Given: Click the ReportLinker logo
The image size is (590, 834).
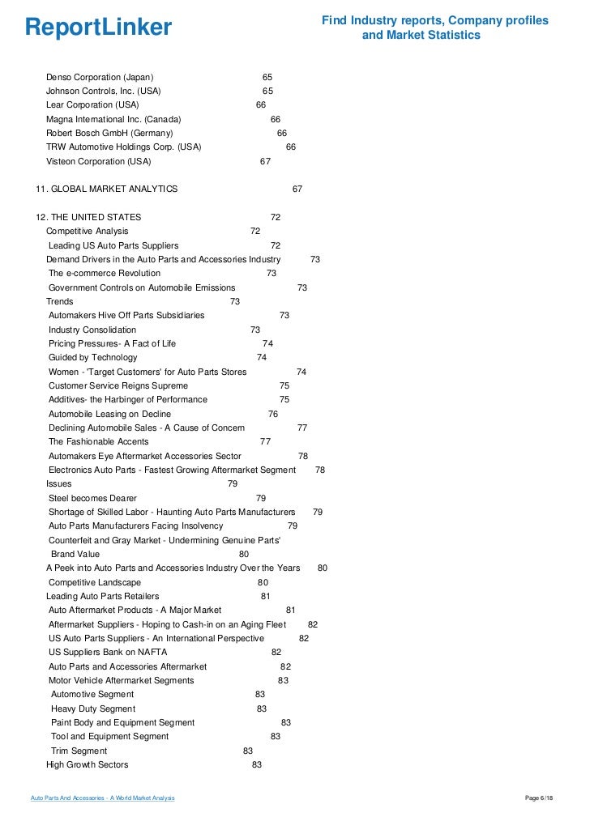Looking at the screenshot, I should click(x=99, y=28).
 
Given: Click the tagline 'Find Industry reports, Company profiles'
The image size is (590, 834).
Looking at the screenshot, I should click(x=435, y=20).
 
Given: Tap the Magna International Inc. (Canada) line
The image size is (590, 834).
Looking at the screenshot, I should click(x=113, y=119).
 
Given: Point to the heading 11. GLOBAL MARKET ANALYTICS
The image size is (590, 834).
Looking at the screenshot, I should click(x=106, y=189).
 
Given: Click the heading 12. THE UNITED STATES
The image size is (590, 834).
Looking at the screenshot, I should click(x=88, y=217).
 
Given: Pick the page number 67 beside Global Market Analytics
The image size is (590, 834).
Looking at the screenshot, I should click(x=297, y=189).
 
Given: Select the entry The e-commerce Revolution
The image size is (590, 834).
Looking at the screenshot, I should click(x=105, y=273).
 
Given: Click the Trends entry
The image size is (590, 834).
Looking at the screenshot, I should click(x=60, y=301).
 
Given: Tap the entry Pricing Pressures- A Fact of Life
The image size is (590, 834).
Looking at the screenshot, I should click(x=112, y=343).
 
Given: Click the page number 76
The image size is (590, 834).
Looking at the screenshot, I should click(x=273, y=414).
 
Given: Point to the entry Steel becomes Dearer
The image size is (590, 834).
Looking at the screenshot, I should click(x=92, y=498).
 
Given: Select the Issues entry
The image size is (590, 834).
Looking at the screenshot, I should click(x=58, y=483).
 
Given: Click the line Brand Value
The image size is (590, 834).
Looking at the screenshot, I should click(x=75, y=554).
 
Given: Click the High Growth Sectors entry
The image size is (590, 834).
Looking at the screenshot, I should click(x=87, y=764).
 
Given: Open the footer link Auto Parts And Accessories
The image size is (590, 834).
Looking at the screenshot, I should click(x=102, y=799).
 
